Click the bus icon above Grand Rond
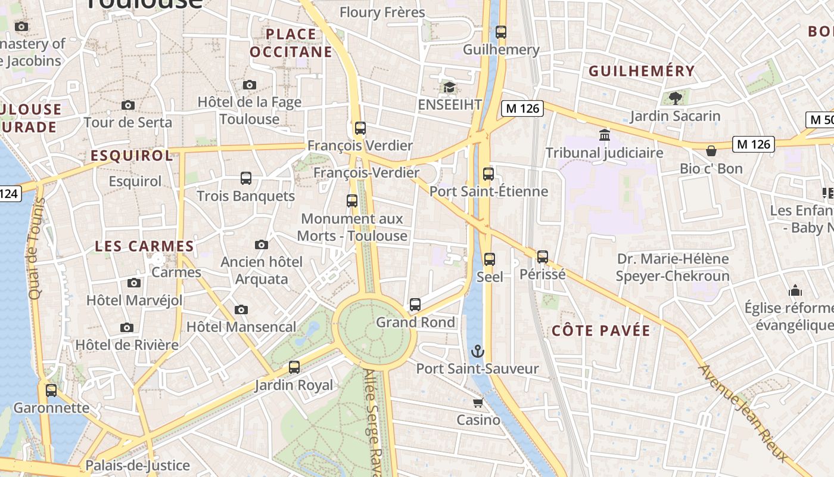(x=415, y=305)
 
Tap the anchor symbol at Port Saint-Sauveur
(x=478, y=351)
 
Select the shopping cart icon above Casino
(x=478, y=402)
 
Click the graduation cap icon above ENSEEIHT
(x=449, y=88)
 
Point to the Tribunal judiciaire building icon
(x=605, y=135)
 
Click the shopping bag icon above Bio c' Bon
(x=711, y=151)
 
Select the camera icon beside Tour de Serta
(x=127, y=106)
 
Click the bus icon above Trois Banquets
(x=245, y=178)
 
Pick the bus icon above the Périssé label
(x=542, y=257)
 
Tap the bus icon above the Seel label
(x=489, y=259)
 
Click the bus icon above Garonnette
(x=51, y=391)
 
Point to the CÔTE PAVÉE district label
(x=600, y=331)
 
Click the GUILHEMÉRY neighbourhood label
(x=642, y=72)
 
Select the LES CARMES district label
(x=144, y=246)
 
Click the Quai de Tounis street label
(x=36, y=249)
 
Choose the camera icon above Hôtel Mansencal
(x=241, y=309)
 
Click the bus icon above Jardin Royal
(x=294, y=367)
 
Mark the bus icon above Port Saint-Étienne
(x=488, y=174)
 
